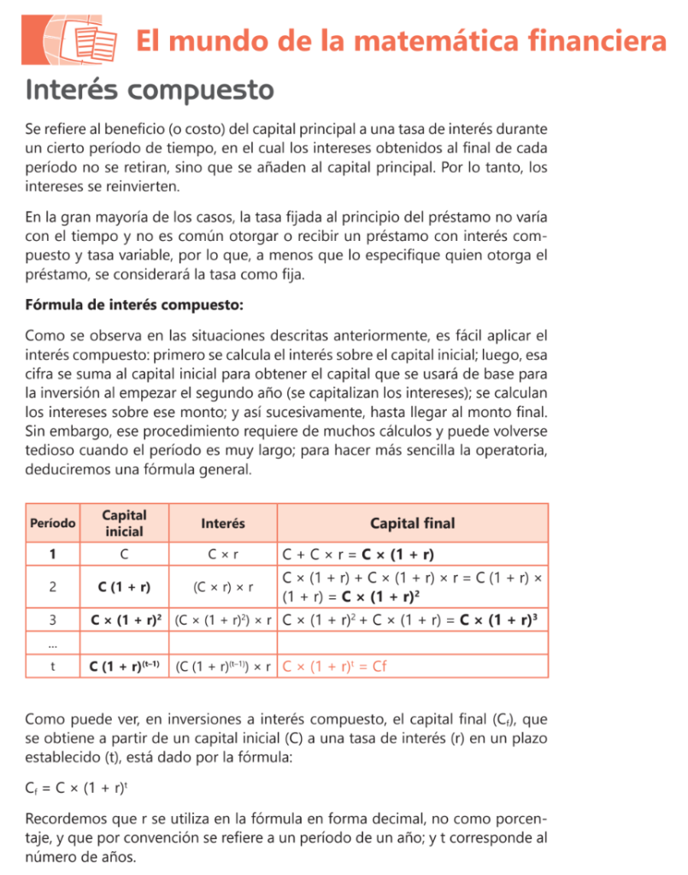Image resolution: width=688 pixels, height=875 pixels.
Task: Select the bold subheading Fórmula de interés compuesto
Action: pyautogui.click(x=134, y=304)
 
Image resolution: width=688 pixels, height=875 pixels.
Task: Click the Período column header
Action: pyautogui.click(x=53, y=523)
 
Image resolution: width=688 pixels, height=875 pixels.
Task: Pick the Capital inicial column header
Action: pyautogui.click(x=125, y=523)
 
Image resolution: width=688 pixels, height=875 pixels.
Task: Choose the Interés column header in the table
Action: pyautogui.click(x=223, y=523)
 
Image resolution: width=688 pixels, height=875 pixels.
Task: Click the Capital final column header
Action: pyautogui.click(x=412, y=523)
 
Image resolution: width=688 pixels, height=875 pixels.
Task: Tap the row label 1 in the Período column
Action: pyautogui.click(x=53, y=554)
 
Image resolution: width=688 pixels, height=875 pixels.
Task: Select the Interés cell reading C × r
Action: pyautogui.click(x=223, y=554)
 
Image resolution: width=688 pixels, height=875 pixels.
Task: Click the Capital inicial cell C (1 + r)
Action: pyautogui.click(x=125, y=586)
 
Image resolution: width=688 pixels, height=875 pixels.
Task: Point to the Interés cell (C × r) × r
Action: pyautogui.click(x=223, y=586)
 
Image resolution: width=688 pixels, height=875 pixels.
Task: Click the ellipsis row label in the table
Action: pyautogui.click(x=53, y=642)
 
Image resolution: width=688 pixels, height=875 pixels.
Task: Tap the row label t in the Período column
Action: pyautogui.click(x=53, y=666)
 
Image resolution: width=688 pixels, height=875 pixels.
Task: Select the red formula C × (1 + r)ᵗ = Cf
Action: pyautogui.click(x=335, y=666)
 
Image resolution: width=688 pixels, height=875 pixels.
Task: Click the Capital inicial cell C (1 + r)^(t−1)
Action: pyautogui.click(x=126, y=666)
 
